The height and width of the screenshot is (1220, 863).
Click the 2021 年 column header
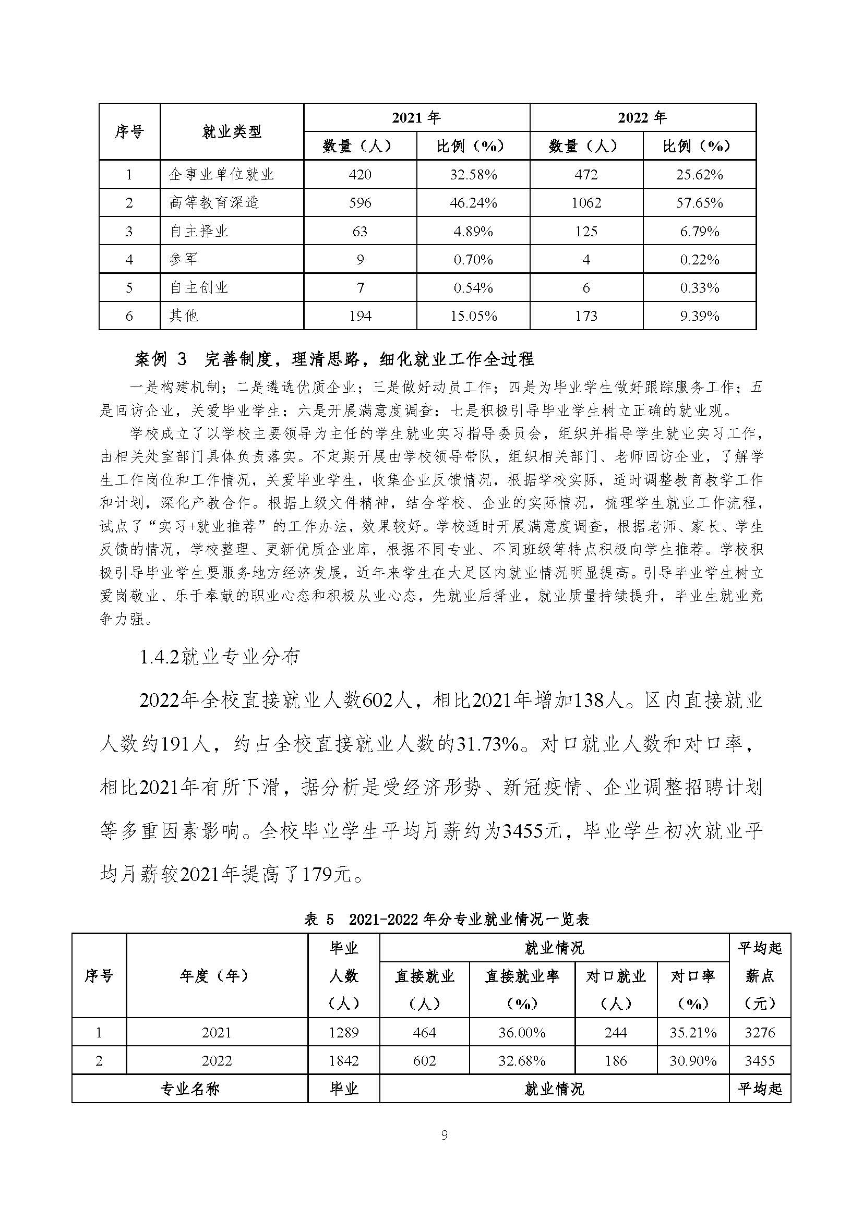[416, 117]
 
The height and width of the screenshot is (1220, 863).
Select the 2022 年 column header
[642, 117]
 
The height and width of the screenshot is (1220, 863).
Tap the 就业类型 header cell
[232, 132]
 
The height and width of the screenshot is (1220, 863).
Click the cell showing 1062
[586, 203]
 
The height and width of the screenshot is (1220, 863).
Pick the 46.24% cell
[473, 203]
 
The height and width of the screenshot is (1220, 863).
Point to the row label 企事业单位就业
[221, 174]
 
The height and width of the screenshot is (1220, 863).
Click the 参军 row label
[183, 259]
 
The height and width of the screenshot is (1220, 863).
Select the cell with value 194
[360, 316]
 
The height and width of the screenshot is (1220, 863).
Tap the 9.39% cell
[699, 316]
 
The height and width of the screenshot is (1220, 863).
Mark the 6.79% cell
[699, 231]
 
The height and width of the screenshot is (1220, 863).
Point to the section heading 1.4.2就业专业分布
[220, 657]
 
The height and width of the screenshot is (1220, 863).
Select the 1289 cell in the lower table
[344, 1032]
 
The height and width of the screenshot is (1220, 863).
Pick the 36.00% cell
[522, 1032]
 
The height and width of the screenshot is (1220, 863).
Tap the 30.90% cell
[693, 1061]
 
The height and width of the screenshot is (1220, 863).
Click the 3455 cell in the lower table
[759, 1061]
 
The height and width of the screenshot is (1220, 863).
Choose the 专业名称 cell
[190, 1089]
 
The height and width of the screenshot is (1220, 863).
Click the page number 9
[444, 1135]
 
